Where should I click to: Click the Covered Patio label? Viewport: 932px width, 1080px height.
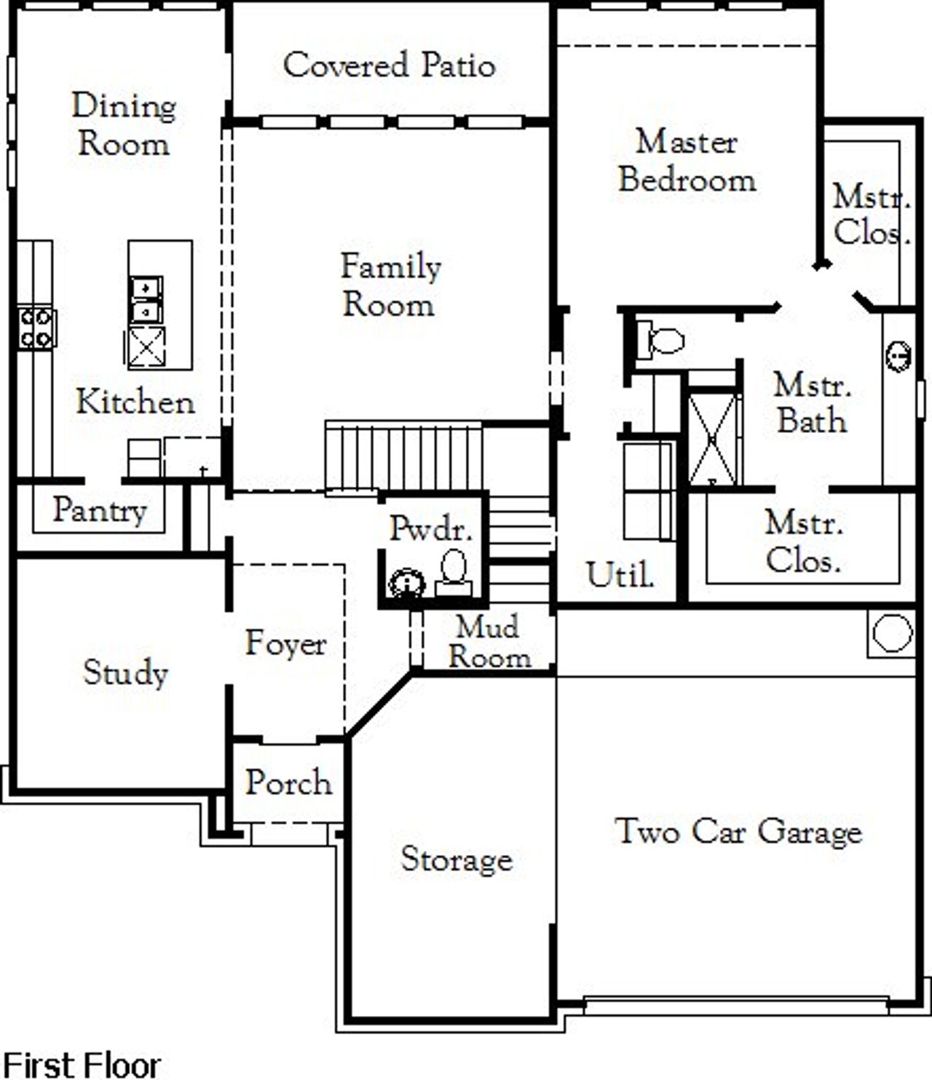tap(390, 65)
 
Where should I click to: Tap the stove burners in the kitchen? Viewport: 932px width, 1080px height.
tap(36, 328)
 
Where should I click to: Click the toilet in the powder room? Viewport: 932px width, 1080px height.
tap(454, 568)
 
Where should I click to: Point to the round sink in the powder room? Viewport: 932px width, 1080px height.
tap(407, 583)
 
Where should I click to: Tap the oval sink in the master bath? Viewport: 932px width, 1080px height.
tap(899, 356)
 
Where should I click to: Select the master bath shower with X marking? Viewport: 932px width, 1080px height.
tap(713, 439)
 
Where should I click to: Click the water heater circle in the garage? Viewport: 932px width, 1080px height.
tap(892, 633)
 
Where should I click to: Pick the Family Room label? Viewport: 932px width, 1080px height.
tap(390, 285)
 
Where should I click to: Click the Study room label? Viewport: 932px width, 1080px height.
tap(125, 672)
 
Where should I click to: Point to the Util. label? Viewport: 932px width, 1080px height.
tap(620, 575)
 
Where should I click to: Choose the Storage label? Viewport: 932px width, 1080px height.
tap(457, 859)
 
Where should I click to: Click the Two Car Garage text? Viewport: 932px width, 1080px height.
tap(738, 831)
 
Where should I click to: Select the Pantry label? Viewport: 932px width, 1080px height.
tap(99, 510)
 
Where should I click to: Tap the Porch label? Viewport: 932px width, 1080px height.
tap(288, 782)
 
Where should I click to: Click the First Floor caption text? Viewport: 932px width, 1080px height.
tap(82, 1065)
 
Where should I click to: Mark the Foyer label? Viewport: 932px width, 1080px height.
tap(285, 643)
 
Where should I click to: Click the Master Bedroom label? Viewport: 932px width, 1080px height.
tap(687, 161)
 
